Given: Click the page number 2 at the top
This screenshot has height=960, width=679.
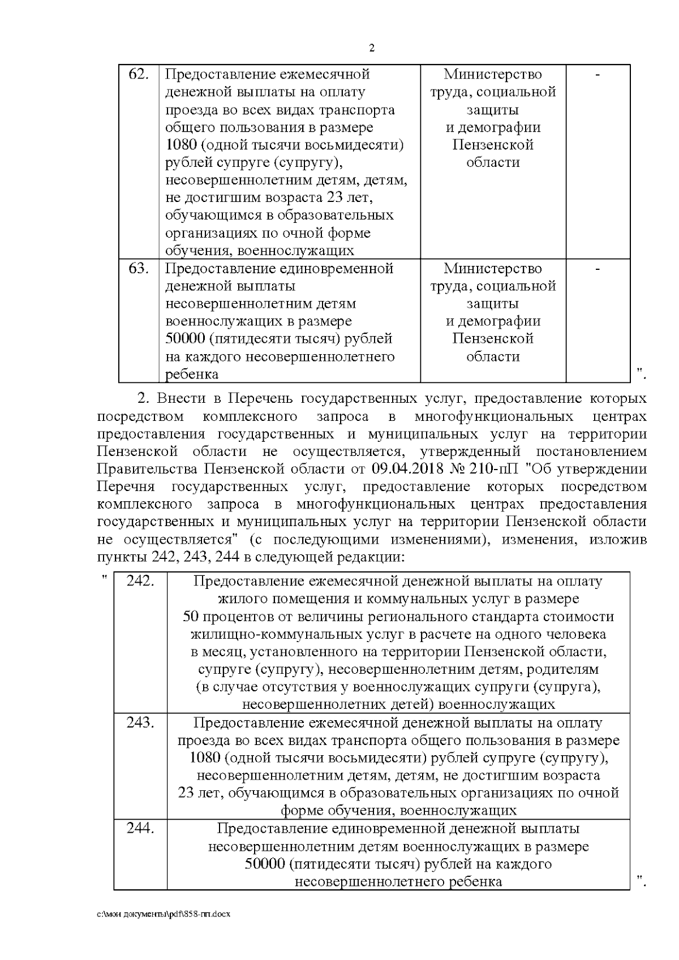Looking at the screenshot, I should tap(372, 48).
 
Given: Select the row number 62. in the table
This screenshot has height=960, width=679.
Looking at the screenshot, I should tap(139, 74).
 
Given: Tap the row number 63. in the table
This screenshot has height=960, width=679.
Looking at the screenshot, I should tap(139, 268).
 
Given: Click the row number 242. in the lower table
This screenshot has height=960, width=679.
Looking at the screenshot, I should tap(140, 581).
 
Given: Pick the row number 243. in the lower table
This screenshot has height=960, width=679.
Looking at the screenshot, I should tap(140, 722).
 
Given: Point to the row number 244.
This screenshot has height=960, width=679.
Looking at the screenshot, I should tap(140, 828).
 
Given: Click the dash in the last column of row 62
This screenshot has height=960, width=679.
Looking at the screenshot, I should tap(598, 75).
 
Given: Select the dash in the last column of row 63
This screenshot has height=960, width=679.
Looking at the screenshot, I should tap(598, 269).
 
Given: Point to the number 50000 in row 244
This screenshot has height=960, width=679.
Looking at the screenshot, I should tap(264, 864).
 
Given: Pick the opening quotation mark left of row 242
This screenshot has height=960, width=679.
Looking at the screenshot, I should tap(104, 577).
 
